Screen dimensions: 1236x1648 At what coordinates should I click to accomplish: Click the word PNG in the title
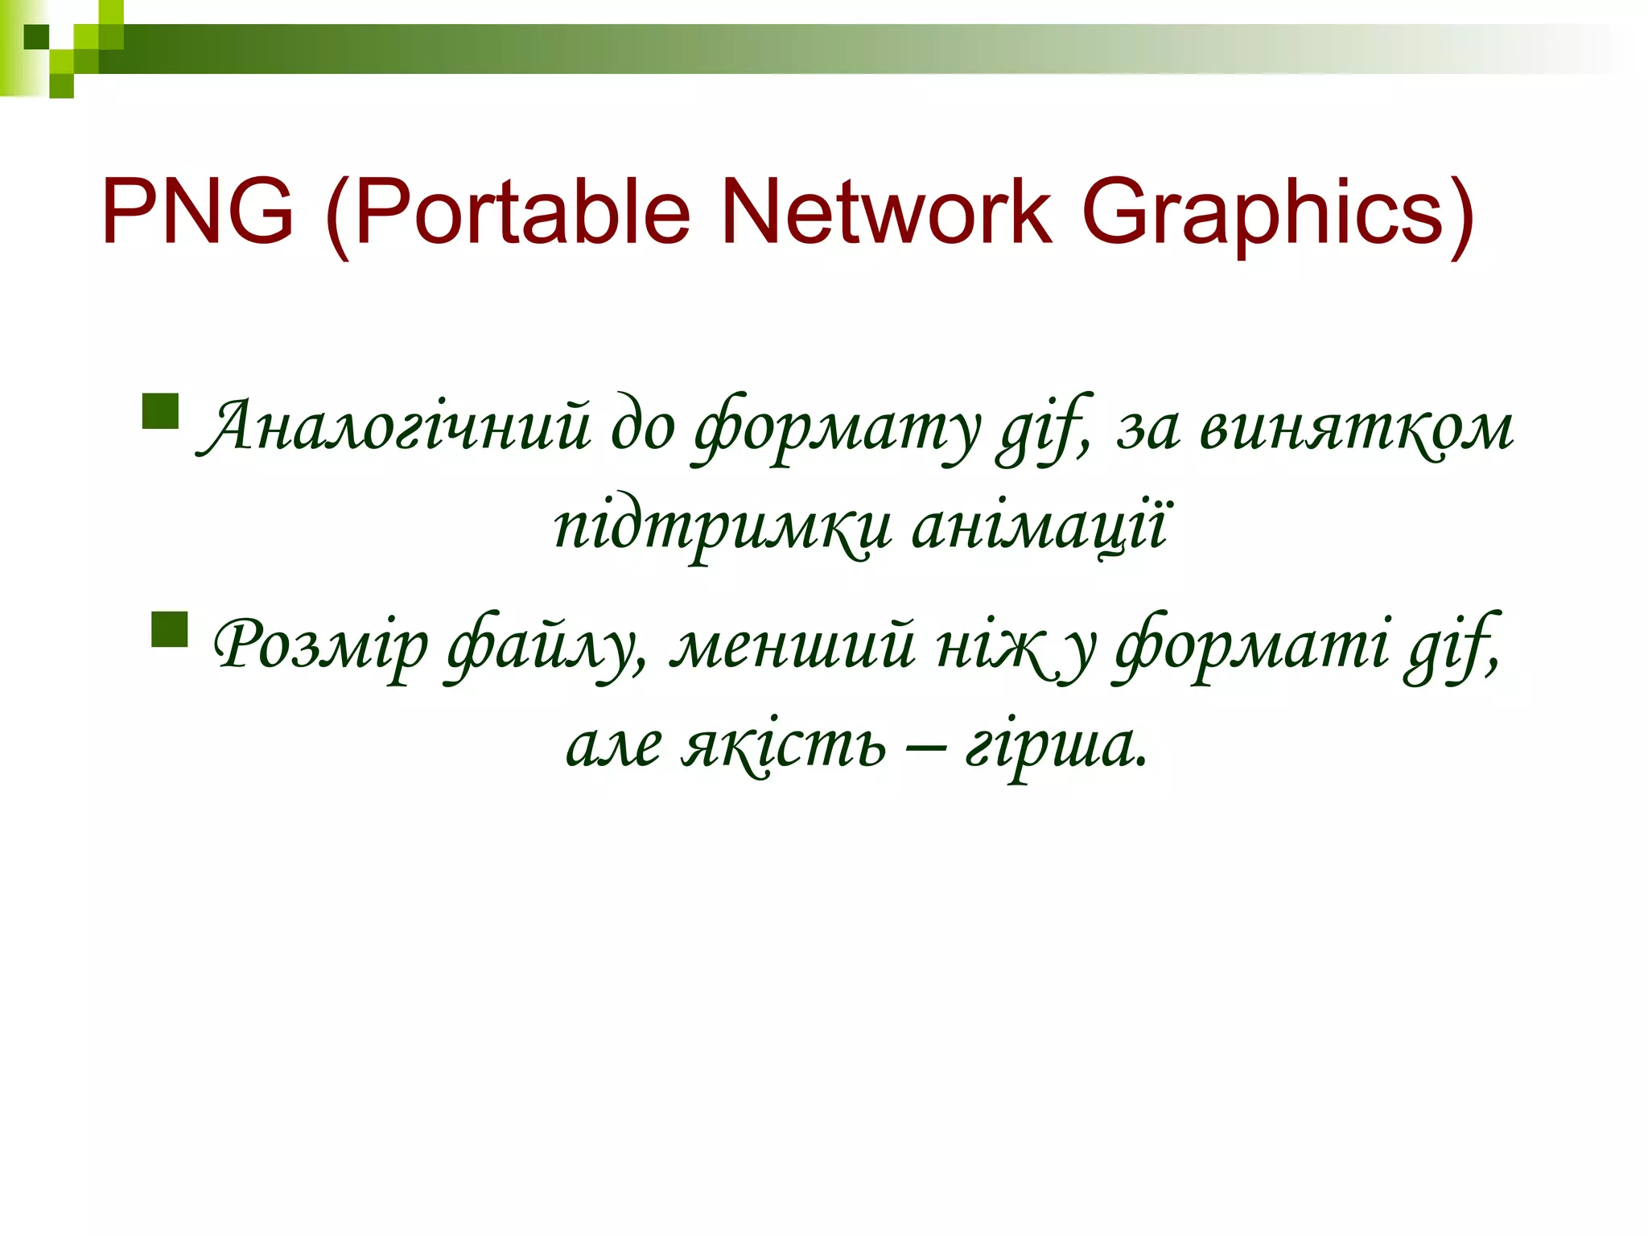point(197,212)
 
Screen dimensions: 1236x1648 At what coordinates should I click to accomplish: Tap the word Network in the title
point(886,212)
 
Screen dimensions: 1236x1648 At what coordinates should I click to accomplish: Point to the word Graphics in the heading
point(1277,212)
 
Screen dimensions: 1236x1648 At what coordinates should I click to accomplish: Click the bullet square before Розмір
point(169,629)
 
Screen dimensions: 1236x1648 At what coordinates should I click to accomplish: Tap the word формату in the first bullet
point(838,427)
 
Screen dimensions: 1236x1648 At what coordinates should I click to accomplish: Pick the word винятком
point(1356,427)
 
